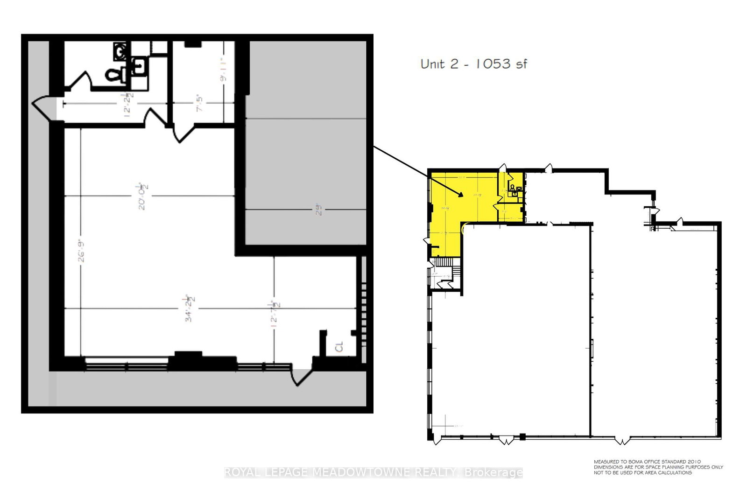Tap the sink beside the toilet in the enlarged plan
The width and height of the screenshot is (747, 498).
click(x=138, y=66)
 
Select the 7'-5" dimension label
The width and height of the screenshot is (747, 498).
click(x=200, y=104)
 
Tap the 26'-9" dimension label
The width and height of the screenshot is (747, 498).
click(x=82, y=251)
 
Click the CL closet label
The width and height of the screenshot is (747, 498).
click(x=339, y=347)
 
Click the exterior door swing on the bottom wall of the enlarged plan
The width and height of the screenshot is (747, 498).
click(x=300, y=376)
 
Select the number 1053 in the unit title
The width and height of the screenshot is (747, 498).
click(x=493, y=64)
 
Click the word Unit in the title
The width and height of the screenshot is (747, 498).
click(x=432, y=64)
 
